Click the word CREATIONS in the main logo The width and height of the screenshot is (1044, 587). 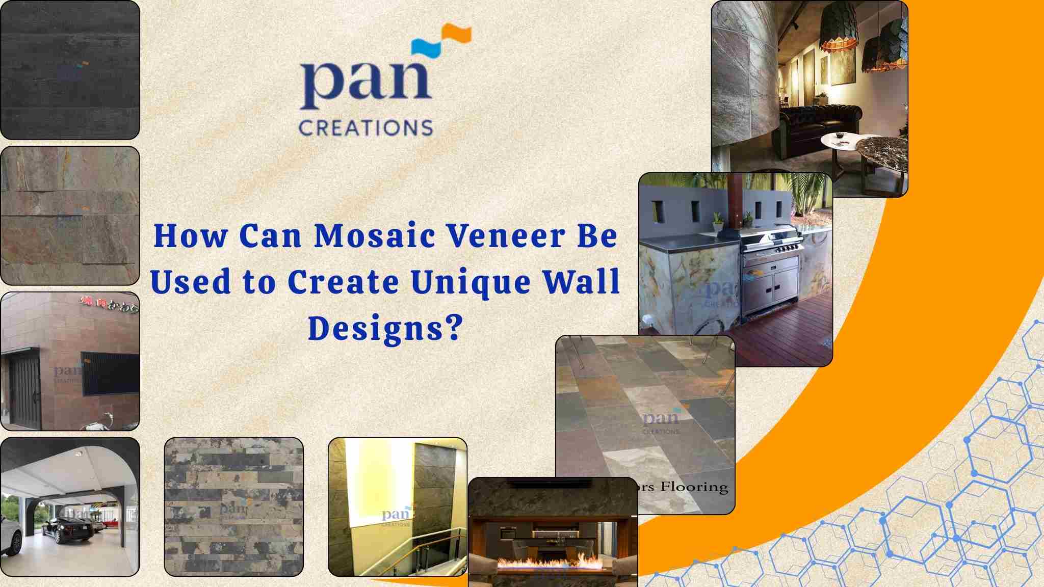point(366,127)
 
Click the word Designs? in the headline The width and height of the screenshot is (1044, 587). point(385,327)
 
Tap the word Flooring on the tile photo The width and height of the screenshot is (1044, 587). point(694,487)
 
